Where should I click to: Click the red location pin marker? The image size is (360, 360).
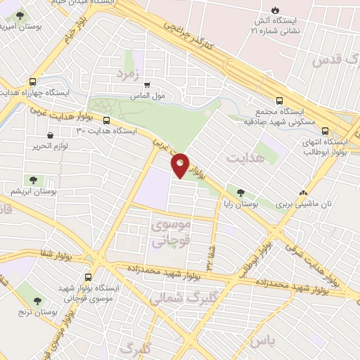[x=180, y=164]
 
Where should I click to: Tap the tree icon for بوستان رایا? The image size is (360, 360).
[x=241, y=191]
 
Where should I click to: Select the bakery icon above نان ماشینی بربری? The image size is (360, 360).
[x=303, y=192]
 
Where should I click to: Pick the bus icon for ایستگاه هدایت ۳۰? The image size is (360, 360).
[x=106, y=120]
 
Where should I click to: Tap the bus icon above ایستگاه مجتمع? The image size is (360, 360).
[x=280, y=101]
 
